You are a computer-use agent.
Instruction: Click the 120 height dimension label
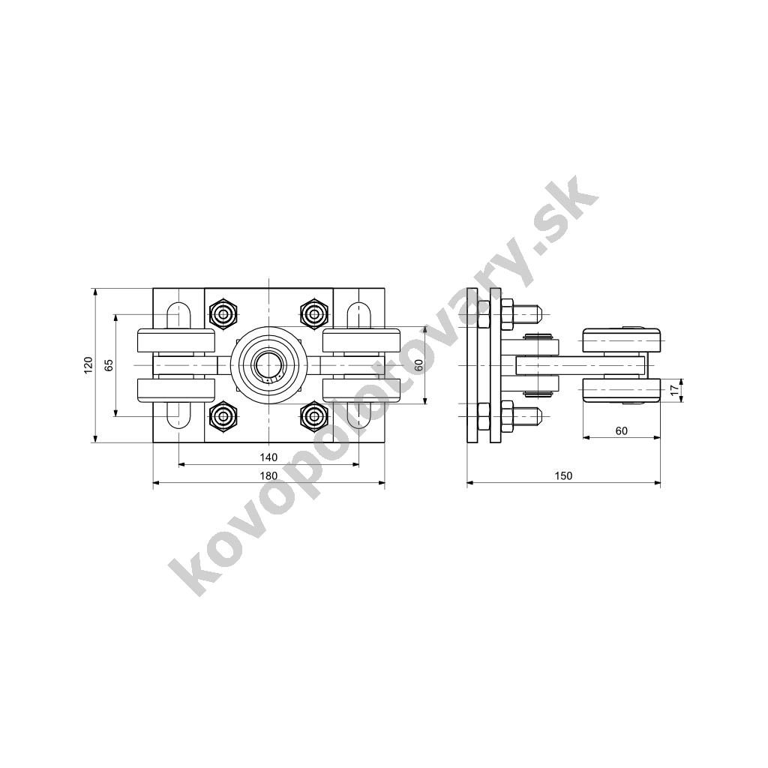click(x=88, y=365)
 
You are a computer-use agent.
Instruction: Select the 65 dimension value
click(x=109, y=365)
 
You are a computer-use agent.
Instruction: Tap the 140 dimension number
click(x=268, y=457)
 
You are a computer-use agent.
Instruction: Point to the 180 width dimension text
click(x=268, y=475)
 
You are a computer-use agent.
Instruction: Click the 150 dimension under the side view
click(x=563, y=475)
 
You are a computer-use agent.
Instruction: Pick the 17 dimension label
click(x=675, y=390)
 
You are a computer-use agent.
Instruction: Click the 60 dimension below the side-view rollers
click(x=621, y=431)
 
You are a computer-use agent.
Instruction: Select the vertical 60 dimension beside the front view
click(x=418, y=365)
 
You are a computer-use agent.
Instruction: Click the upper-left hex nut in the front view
click(x=223, y=314)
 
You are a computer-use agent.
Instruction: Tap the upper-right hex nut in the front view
click(x=313, y=314)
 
